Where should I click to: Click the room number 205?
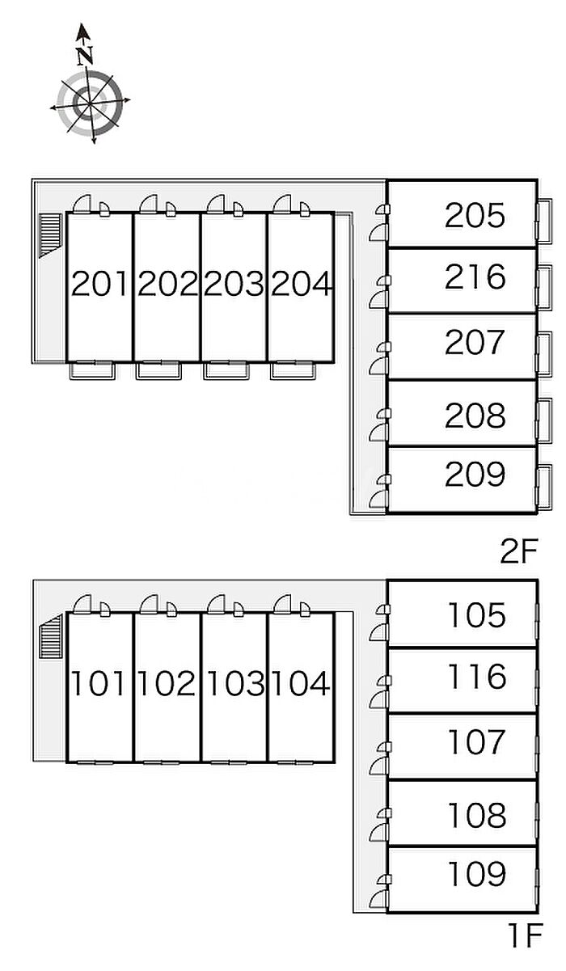tap(475, 215)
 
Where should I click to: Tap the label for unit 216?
tap(475, 277)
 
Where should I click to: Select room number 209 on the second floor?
tap(475, 474)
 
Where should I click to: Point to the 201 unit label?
tap(99, 284)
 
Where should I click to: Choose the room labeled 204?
tap(302, 284)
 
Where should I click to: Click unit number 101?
tap(98, 684)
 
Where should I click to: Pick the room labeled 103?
tap(236, 684)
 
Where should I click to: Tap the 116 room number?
tap(477, 676)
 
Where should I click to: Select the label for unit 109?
tap(477, 873)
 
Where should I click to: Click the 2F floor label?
tap(519, 551)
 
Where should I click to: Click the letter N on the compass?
tap(86, 55)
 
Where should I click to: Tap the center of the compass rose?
tap(90, 104)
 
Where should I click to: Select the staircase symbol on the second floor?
tap(51, 235)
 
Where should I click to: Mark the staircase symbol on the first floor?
tap(51, 636)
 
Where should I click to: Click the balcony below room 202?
tap(158, 370)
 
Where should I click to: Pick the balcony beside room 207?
tap(544, 354)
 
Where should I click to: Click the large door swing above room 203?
tap(216, 204)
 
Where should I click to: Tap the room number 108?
tap(477, 815)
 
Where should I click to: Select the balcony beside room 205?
tap(544, 221)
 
